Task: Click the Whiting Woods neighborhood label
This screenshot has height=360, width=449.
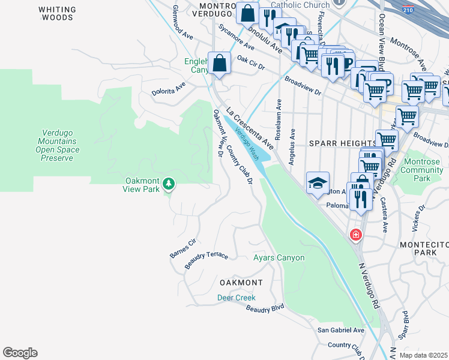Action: click(57, 14)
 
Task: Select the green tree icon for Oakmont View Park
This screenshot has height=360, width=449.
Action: click(169, 184)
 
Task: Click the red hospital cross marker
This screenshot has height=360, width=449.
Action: click(356, 234)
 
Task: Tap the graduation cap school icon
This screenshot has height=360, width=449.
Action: click(318, 183)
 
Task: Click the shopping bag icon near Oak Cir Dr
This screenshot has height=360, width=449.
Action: click(220, 63)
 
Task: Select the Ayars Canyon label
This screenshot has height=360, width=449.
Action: click(279, 258)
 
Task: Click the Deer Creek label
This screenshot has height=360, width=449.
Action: click(236, 298)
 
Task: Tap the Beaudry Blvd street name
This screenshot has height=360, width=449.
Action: click(265, 308)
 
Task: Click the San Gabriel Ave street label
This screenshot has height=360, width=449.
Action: click(341, 330)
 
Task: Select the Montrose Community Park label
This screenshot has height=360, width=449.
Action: click(421, 170)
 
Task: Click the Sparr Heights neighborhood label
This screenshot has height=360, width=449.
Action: click(342, 144)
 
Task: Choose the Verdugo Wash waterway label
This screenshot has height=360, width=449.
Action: click(247, 144)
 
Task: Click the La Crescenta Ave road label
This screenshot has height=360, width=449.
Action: click(250, 128)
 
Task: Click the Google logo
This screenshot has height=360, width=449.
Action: click(20, 353)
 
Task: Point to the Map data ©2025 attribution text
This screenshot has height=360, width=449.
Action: click(423, 355)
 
